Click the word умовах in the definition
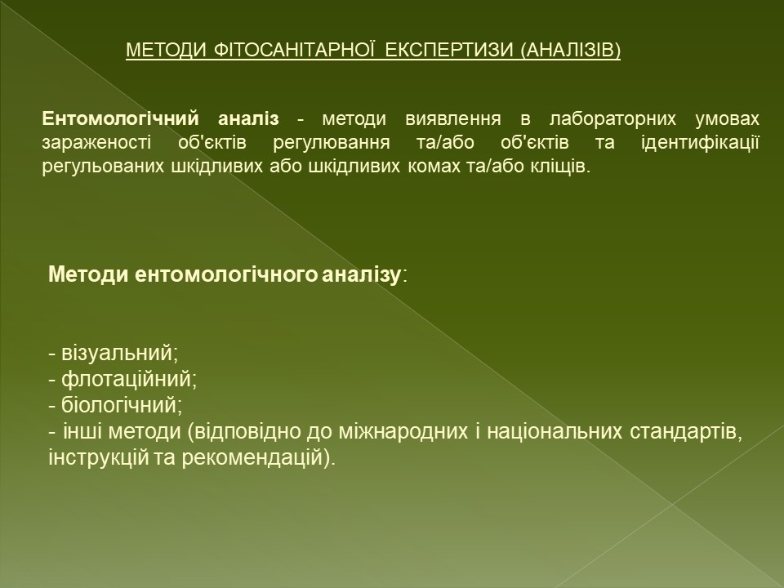click(x=727, y=120)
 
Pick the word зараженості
click(x=96, y=142)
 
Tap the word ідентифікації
click(x=700, y=143)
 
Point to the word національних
click(x=555, y=431)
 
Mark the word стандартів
click(x=686, y=432)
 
